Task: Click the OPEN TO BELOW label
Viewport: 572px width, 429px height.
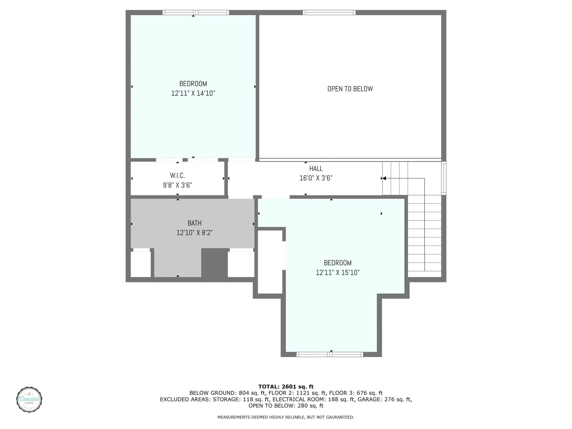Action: point(350,89)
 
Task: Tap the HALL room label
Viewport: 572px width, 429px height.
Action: point(316,168)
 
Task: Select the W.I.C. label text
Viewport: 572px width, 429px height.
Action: point(177,175)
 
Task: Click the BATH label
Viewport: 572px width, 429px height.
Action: point(195,223)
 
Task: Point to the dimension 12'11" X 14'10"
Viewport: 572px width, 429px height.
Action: point(193,93)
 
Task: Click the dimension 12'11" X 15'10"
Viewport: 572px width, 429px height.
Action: point(338,272)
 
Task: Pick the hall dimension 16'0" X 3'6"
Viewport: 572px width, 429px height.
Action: point(316,178)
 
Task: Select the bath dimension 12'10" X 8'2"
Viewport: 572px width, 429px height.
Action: point(195,233)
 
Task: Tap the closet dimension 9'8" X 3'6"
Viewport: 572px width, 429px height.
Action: point(177,185)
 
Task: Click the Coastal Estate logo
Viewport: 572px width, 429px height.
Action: point(29,399)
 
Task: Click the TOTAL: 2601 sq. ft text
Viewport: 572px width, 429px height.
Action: point(286,387)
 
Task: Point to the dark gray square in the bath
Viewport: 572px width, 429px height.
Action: point(215,263)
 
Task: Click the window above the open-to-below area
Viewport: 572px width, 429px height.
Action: point(329,13)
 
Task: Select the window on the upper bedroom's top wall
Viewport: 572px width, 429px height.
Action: point(195,13)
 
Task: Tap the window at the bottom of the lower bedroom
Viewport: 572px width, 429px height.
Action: point(330,355)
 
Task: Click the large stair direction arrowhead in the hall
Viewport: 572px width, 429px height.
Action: point(384,179)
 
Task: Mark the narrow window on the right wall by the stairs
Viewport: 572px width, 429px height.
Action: point(443,178)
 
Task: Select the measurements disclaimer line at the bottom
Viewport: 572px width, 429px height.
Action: point(286,417)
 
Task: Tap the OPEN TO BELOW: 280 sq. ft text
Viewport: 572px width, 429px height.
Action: point(286,405)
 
